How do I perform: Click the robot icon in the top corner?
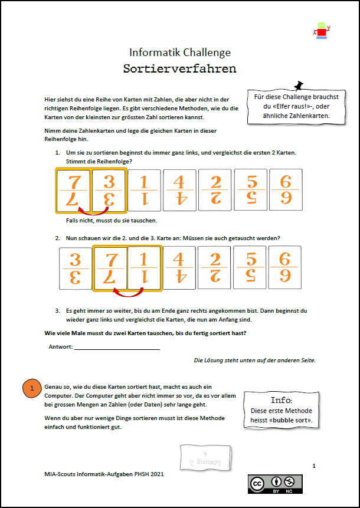(321, 31)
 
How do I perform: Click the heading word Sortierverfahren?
(179, 68)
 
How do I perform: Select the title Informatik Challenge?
(179, 53)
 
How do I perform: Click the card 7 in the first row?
(74, 191)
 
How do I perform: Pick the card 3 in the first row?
(109, 191)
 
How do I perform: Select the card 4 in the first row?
(179, 191)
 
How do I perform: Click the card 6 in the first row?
(285, 191)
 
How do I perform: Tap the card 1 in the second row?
(144, 268)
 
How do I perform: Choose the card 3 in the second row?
(76, 268)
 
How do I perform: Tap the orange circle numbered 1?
(32, 388)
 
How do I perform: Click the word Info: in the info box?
(281, 399)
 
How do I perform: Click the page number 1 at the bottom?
(314, 466)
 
